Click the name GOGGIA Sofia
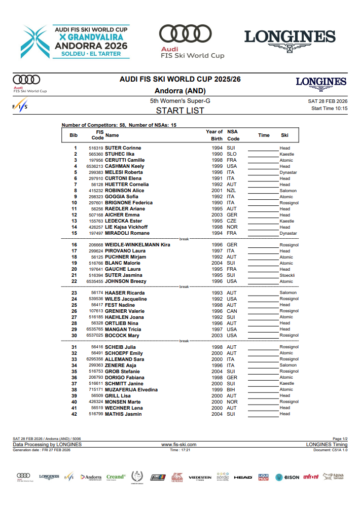pyautogui.click(x=122, y=197)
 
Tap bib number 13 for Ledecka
pyautogui.click(x=75, y=221)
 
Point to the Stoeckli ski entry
pyautogui.click(x=287, y=275)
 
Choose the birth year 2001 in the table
pyautogui.click(x=217, y=191)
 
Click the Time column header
pyautogui.click(x=264, y=135)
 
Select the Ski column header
pyautogui.click(x=285, y=135)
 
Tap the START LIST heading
pyautogui.click(x=180, y=111)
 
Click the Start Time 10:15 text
pyautogui.click(x=329, y=108)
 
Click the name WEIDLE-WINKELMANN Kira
pyautogui.click(x=137, y=245)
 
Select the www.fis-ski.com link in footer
pyautogui.click(x=178, y=445)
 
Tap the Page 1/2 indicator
pyautogui.click(x=340, y=439)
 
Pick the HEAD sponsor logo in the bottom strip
pyautogui.click(x=243, y=477)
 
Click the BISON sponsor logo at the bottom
pyautogui.click(x=287, y=477)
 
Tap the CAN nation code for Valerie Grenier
pyautogui.click(x=232, y=311)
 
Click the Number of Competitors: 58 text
pyautogui.click(x=93, y=125)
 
